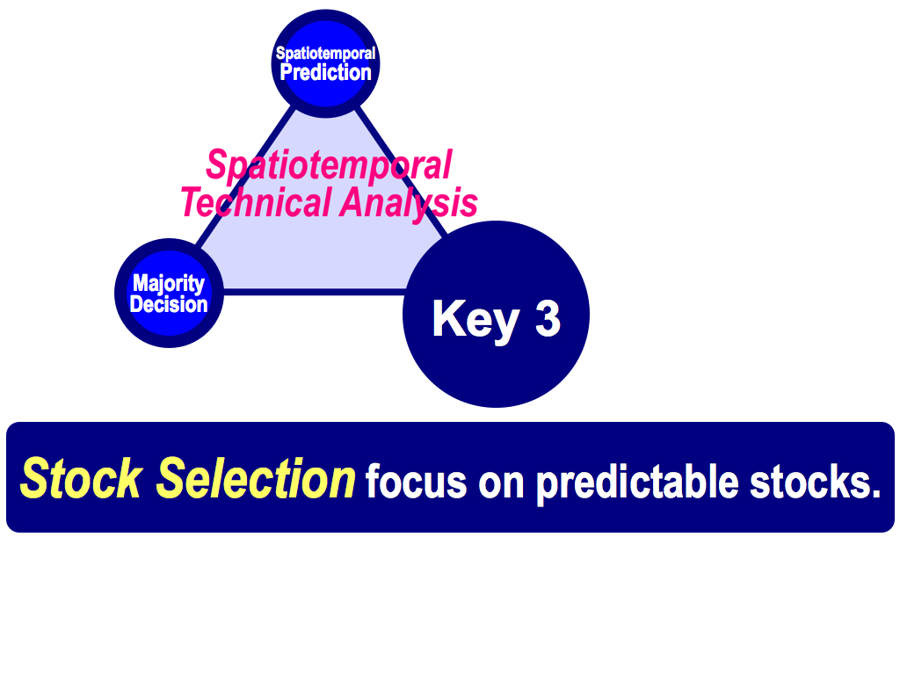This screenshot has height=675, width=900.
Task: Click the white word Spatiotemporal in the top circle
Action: pyautogui.click(x=325, y=54)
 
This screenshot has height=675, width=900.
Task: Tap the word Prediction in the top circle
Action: pyautogui.click(x=325, y=72)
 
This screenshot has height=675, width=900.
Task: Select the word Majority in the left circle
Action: pyautogui.click(x=169, y=283)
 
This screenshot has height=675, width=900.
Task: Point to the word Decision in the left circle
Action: pyautogui.click(x=169, y=304)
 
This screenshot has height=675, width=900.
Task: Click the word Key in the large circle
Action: pyautogui.click(x=475, y=320)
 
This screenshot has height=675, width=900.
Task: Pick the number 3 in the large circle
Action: pyautogui.click(x=548, y=317)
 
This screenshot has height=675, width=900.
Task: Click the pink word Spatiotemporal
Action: pyautogui.click(x=329, y=165)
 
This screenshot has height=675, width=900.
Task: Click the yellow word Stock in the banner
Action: pyautogui.click(x=81, y=479)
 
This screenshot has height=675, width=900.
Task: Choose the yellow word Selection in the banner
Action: pyautogui.click(x=256, y=479)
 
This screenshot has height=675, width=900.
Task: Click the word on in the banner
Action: pyautogui.click(x=501, y=485)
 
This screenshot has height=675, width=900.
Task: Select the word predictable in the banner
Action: pyautogui.click(x=637, y=483)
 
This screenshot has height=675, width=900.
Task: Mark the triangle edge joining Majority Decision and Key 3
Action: pyautogui.click(x=315, y=292)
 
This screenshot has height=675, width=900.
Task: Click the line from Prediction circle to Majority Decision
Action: pyautogui.click(x=245, y=178)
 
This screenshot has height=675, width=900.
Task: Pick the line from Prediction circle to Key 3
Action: pyautogui.click(x=401, y=172)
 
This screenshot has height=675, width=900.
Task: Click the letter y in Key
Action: pyautogui.click(x=505, y=327)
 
